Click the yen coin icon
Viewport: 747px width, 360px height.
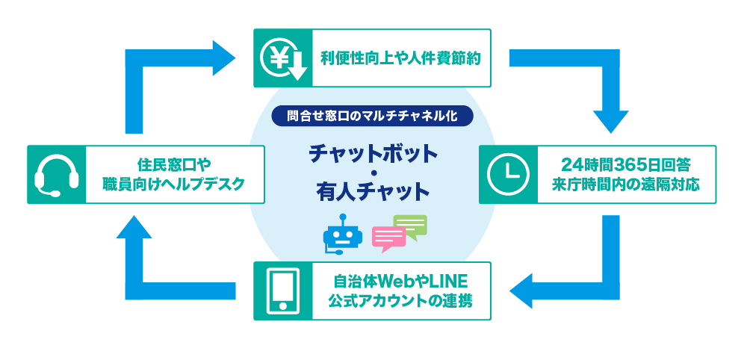tap(282, 58)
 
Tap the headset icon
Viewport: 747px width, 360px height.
tap(57, 175)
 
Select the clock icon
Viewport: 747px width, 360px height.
tap(507, 175)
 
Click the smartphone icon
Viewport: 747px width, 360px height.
tap(282, 291)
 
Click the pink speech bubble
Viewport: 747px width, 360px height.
tap(388, 237)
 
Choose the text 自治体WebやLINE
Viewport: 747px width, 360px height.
tap(400, 282)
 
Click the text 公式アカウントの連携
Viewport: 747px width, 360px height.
tap(400, 301)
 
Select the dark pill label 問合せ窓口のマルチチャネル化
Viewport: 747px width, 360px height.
tap(372, 116)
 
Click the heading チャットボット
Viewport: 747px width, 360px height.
tap(372, 152)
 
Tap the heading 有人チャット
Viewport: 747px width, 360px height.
tap(372, 192)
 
